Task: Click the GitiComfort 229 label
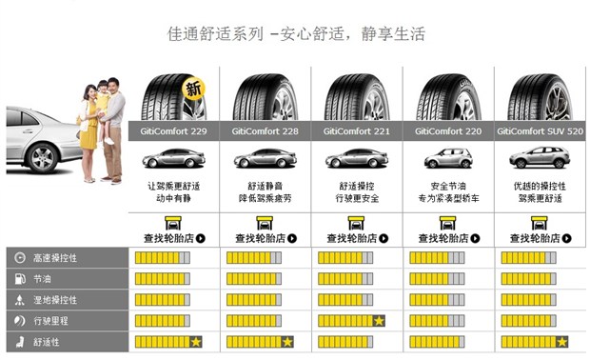172,131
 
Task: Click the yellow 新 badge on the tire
194,90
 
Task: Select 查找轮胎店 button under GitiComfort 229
173,238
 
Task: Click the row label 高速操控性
56,258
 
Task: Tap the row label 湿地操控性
56,300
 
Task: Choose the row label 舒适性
49,341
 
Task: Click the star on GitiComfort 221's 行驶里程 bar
379,320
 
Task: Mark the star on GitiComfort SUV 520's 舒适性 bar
562,341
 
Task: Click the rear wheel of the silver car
43,159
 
